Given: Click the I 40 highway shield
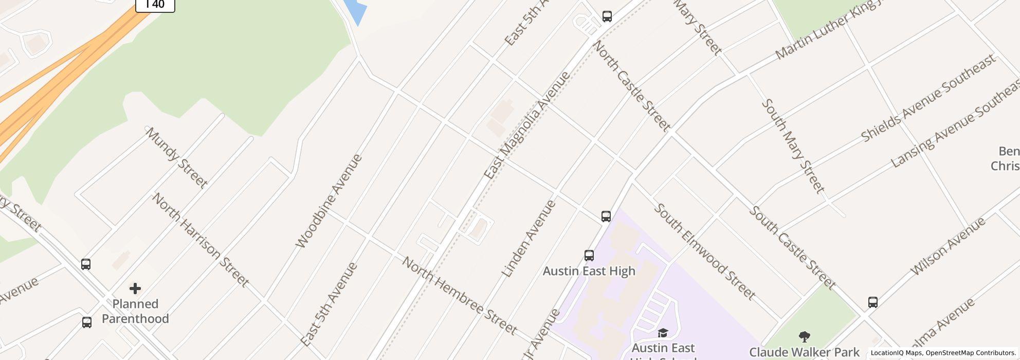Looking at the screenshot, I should [155, 5].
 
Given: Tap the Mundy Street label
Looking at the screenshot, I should [176, 157].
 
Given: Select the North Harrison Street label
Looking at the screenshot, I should [199, 240].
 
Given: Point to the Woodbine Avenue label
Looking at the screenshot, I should [329, 201].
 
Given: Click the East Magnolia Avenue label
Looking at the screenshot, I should [527, 125].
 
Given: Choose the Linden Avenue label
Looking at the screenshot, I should [529, 239].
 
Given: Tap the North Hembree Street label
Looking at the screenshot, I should [459, 296].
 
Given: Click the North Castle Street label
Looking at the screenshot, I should [631, 86].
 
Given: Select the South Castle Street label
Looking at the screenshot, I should [792, 247].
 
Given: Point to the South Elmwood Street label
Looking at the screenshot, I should [704, 251].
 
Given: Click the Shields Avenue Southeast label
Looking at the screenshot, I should [928, 98].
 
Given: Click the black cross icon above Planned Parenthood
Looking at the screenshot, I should [135, 289].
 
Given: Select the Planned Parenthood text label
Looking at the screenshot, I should [135, 311].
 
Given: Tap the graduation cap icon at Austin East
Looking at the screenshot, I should [663, 333].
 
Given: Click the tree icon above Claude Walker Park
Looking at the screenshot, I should [805, 337].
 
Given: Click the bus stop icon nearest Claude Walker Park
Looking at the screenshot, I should [873, 302].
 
